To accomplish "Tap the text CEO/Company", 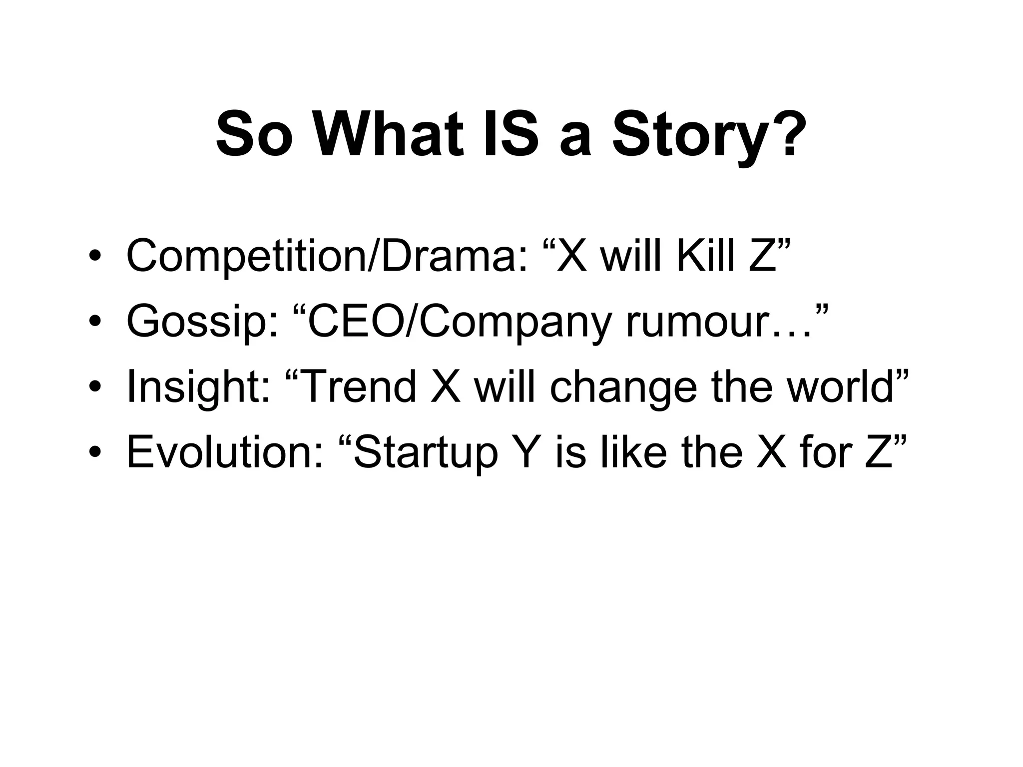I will tap(460, 323).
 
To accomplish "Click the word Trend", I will tap(360, 386).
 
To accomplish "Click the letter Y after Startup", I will tap(525, 451).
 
